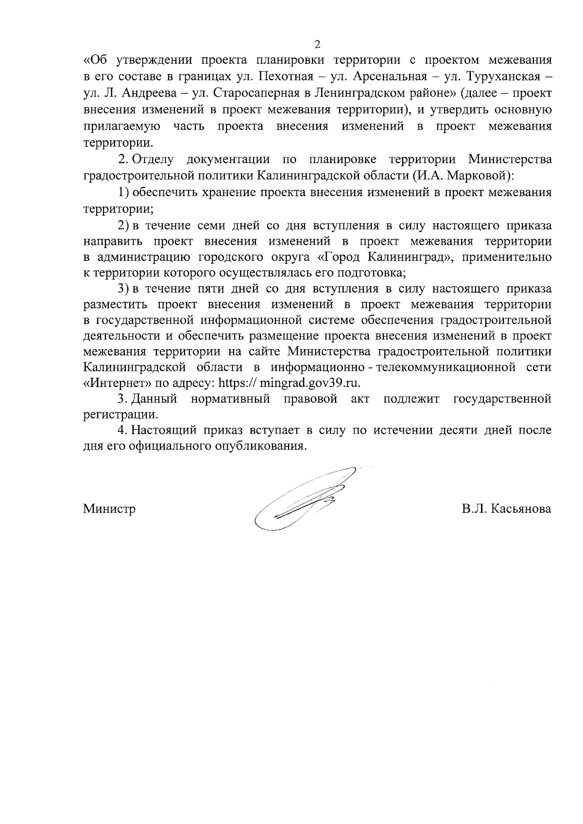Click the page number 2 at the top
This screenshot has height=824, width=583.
pos(317,45)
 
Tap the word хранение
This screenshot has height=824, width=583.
pos(228,192)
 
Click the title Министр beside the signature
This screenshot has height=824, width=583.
pos(109,509)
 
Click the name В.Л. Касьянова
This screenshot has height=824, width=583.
pos(507,509)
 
